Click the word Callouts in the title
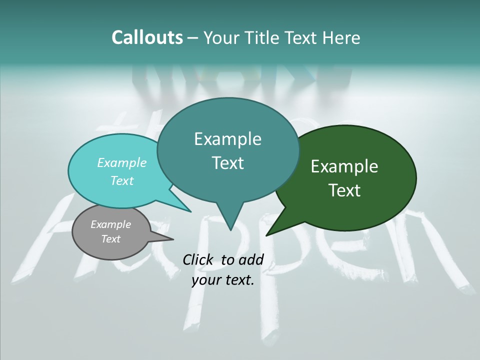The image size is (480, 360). tap(147, 37)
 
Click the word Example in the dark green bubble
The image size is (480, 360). tap(344, 166)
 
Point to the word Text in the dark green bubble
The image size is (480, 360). tap(344, 190)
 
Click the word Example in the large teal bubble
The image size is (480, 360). tap(227, 139)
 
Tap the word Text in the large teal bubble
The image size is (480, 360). tap(227, 163)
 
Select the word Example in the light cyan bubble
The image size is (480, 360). tap(121, 162)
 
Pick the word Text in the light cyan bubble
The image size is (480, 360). tap(121, 180)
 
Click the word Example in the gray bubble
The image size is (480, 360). tap(110, 224)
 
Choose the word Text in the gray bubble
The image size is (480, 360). tap(110, 239)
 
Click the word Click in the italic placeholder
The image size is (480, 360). tap(199, 259)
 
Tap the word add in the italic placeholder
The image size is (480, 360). tap(251, 259)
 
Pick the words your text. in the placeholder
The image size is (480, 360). tap(223, 280)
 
